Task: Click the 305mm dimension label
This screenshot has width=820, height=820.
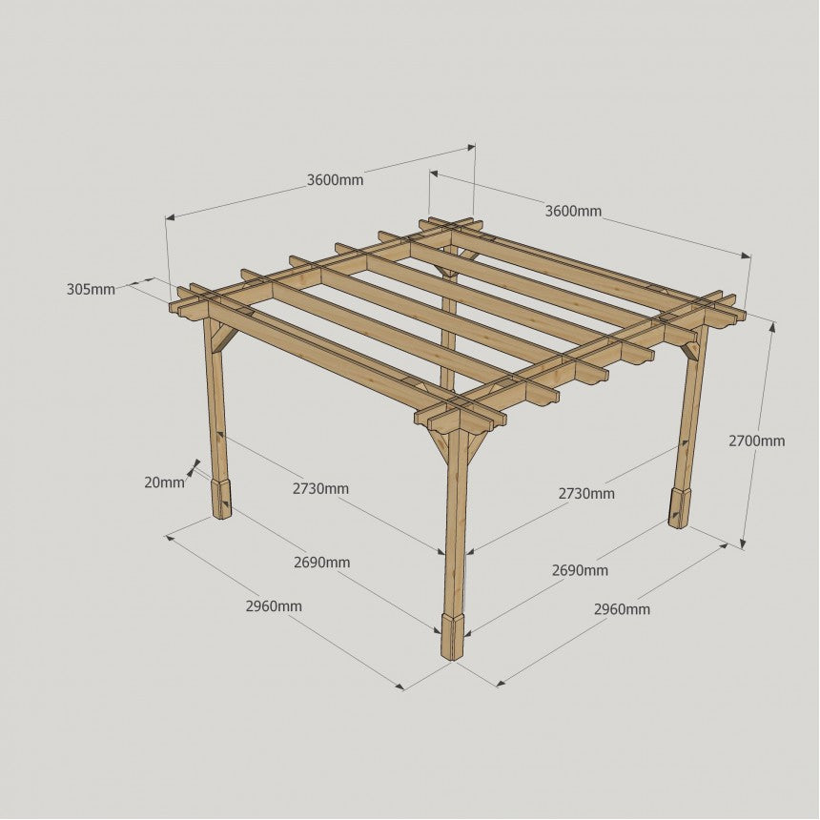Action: [x=91, y=289]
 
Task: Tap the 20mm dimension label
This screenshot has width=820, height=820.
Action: [x=164, y=482]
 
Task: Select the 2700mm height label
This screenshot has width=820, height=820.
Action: [x=757, y=441]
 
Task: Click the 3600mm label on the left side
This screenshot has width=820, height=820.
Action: [x=335, y=180]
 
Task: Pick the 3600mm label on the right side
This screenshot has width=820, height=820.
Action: [x=573, y=212]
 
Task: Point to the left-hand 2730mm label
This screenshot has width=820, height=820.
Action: [x=320, y=489]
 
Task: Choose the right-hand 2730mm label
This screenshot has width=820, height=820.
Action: [x=586, y=493]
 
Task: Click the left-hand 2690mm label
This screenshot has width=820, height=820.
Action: [x=321, y=563]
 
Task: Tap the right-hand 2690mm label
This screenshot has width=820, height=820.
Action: [x=580, y=570]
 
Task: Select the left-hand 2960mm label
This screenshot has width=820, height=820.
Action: [x=274, y=606]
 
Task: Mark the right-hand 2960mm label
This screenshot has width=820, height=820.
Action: [x=622, y=609]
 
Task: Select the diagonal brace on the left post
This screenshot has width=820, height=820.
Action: [x=222, y=338]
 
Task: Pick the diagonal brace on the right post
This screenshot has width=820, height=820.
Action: [x=689, y=350]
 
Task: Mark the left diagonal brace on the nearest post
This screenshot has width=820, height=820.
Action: [x=438, y=446]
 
